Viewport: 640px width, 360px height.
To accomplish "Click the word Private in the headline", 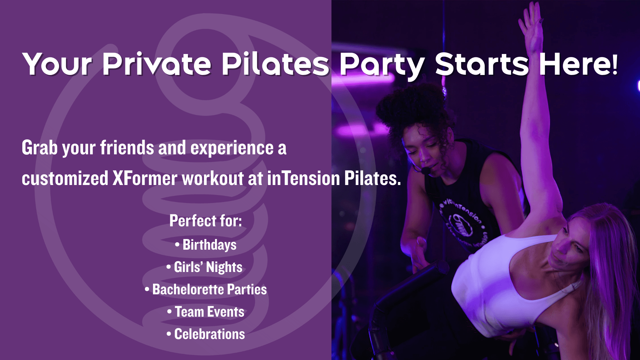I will click(157, 64).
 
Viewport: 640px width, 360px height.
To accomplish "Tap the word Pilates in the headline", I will click(275, 64).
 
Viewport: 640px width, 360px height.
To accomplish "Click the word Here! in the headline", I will click(578, 64).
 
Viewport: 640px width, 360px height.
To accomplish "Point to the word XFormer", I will click(145, 179).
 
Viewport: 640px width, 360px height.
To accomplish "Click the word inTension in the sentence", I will click(303, 179).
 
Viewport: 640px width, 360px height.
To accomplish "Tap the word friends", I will click(127, 148).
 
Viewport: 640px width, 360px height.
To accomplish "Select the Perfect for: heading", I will click(206, 221).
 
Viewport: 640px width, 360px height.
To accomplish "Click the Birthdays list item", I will click(209, 245).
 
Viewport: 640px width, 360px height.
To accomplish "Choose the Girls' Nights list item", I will click(208, 267).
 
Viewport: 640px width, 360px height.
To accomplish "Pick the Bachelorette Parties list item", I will click(209, 290).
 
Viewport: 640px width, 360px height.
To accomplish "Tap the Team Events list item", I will click(209, 312).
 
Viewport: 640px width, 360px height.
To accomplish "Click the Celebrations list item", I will click(209, 334).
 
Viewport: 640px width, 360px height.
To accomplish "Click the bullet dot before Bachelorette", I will click(147, 289).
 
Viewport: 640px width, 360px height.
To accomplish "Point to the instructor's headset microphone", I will click(425, 170).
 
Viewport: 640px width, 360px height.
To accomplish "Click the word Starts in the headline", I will click(482, 64).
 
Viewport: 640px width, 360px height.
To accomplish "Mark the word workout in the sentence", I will click(213, 179).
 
